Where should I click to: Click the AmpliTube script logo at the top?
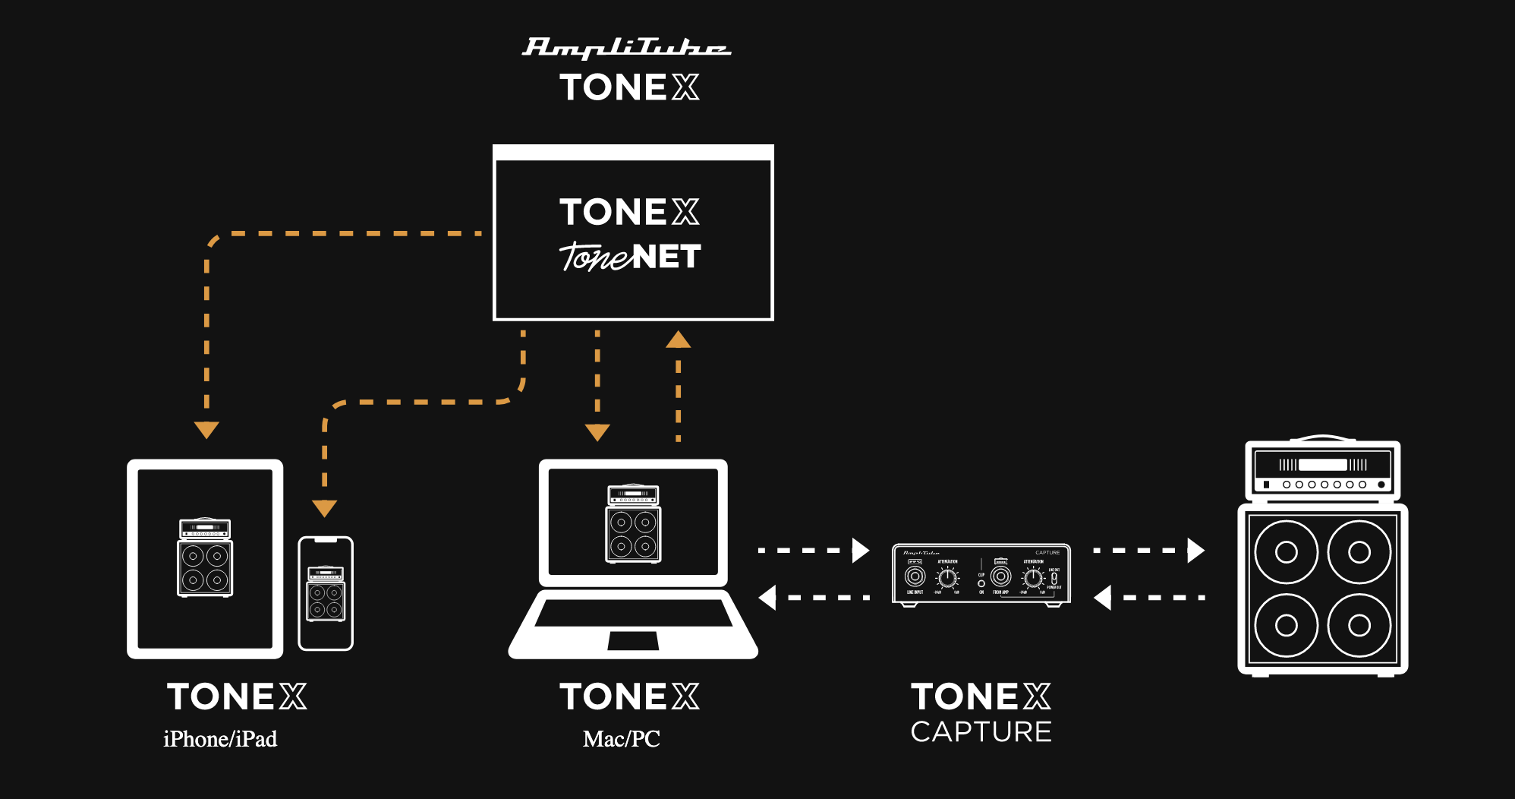626,47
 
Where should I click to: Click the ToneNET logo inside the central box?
630,257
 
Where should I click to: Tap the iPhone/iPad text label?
220,739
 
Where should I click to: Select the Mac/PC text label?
621,739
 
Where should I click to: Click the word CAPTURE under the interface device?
981,732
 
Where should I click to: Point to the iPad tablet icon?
205,558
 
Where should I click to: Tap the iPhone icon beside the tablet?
326,593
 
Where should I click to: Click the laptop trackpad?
633,640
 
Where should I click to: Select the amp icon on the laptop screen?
633,523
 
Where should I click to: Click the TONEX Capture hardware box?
981,575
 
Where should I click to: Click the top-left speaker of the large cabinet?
1286,552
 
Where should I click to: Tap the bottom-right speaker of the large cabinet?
1359,625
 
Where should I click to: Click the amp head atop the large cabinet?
1322,469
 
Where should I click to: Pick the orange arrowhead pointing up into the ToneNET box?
678,340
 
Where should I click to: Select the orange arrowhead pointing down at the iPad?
206,430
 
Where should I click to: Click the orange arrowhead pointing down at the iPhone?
325,508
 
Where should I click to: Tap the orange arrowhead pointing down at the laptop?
597,432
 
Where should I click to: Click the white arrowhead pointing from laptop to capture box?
861,550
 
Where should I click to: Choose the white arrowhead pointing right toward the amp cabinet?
1196,550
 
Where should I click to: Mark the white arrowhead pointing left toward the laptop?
767,598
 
